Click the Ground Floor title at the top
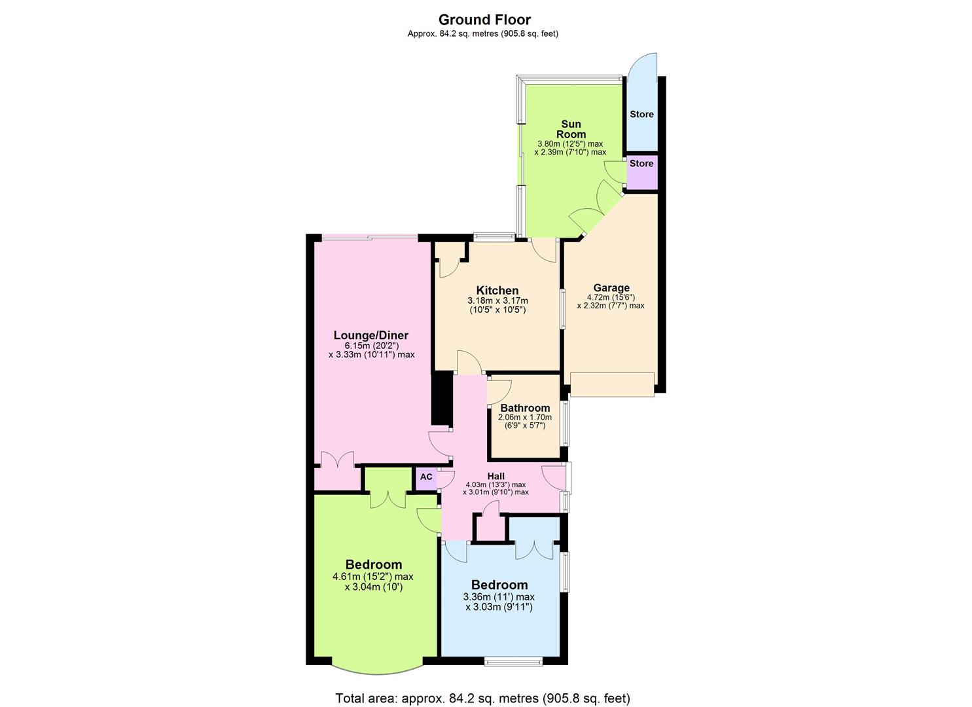tap(484, 20)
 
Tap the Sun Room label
tap(571, 129)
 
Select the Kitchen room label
tap(497, 291)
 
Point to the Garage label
tap(611, 287)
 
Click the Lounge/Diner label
tap(371, 335)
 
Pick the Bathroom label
tap(525, 408)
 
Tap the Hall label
tap(495, 476)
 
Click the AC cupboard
tap(426, 477)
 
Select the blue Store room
tap(641, 114)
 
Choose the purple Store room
tap(641, 171)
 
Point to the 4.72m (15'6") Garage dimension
tap(611, 297)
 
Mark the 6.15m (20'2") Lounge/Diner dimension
tap(371, 346)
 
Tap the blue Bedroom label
tap(499, 585)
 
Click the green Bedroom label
tap(374, 564)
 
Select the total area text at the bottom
tap(483, 698)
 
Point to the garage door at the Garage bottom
tap(612, 384)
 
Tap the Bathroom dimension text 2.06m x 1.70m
tap(525, 418)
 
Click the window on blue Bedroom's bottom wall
tap(513, 661)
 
